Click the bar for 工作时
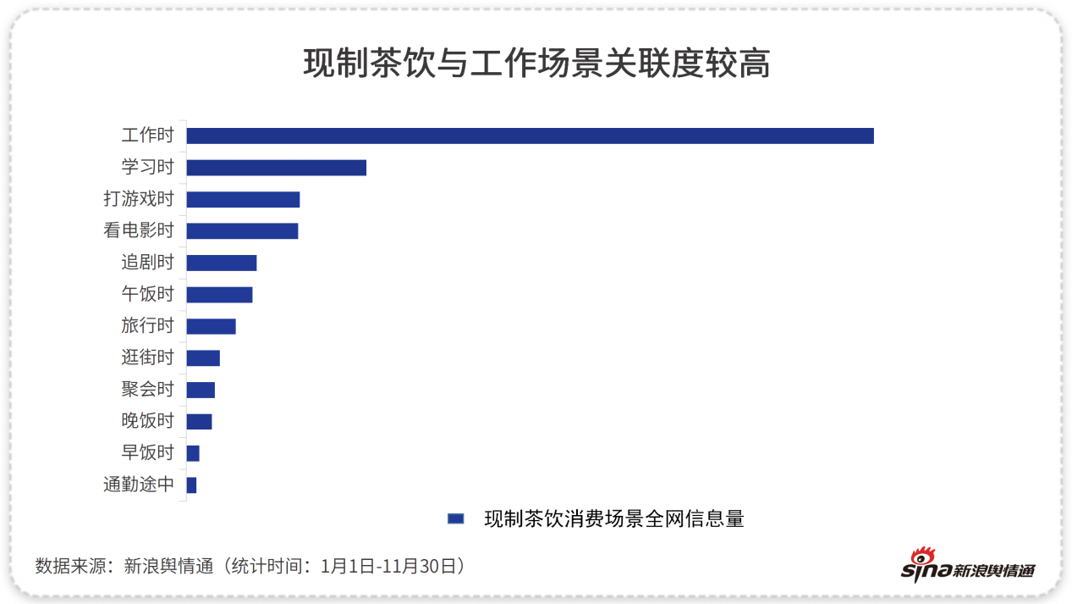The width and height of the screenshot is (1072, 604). point(530,136)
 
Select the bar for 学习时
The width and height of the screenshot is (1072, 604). point(276,168)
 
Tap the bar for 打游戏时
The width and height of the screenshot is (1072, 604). point(243,199)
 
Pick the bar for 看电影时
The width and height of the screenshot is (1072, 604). point(242,231)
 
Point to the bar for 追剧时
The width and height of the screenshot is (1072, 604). point(221,263)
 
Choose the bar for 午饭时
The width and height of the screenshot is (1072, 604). point(219,295)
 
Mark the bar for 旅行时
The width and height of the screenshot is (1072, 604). point(211,326)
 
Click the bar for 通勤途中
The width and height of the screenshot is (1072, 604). point(191,485)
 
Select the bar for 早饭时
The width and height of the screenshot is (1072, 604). point(193,453)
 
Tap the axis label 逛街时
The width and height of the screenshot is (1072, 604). point(147,357)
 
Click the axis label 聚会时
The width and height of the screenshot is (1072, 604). point(147,390)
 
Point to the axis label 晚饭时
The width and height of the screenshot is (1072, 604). point(147,421)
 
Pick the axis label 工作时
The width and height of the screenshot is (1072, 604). point(147,136)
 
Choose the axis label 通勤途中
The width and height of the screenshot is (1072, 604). point(138,485)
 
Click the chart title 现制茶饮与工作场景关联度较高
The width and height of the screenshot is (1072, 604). point(536,64)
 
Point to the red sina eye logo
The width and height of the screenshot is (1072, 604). point(921,559)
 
